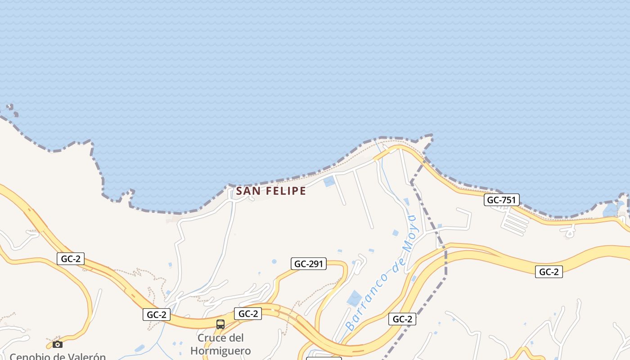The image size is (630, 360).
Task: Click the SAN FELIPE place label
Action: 271,191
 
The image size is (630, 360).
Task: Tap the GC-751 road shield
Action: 502,200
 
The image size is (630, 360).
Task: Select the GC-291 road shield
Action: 309,264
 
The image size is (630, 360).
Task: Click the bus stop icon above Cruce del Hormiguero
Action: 220,324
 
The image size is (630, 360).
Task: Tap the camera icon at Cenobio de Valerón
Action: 58,344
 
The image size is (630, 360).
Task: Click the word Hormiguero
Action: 220,351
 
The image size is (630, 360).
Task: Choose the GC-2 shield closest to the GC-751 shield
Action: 549,272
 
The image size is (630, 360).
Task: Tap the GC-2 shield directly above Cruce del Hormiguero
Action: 247,314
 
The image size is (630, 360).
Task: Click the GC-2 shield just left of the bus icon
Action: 157,315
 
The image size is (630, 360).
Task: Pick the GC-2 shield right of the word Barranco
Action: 402,319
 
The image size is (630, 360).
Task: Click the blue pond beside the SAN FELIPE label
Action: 329,181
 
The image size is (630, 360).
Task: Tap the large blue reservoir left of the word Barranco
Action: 355,298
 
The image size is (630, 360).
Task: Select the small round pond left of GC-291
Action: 274,261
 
